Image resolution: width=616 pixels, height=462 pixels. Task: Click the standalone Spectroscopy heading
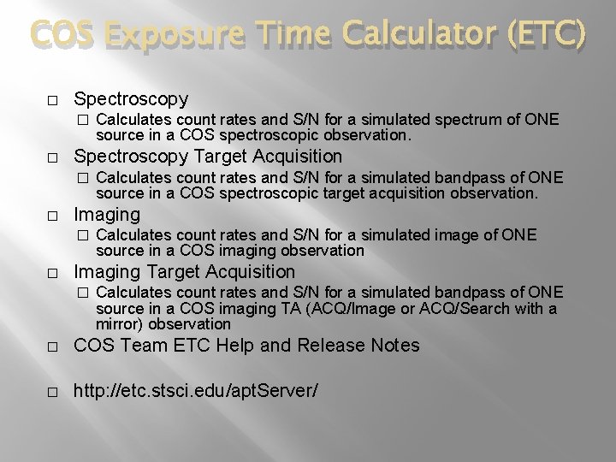(131, 98)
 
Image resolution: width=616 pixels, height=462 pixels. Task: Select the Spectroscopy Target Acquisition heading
(208, 156)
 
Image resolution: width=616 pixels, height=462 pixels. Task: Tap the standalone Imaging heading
(107, 213)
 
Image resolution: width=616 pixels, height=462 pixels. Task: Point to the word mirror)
(121, 324)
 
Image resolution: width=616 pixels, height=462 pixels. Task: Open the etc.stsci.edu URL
(196, 390)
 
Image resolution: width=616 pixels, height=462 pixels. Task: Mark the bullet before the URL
(52, 391)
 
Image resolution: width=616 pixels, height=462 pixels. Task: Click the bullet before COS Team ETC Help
(52, 346)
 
